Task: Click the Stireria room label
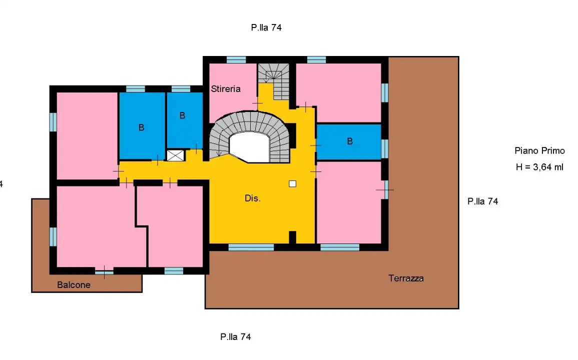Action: tap(226, 89)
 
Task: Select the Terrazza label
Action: tap(406, 278)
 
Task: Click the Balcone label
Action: tap(74, 285)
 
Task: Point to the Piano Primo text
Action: tap(539, 150)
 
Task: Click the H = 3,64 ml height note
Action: tap(539, 167)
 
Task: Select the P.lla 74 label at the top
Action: tap(266, 28)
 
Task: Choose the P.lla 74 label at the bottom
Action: tap(235, 337)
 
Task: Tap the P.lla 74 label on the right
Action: tap(482, 201)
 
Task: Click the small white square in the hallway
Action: tap(293, 183)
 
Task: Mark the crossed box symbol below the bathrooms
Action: tap(175, 155)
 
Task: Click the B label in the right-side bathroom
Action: tap(350, 141)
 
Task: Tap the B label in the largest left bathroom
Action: tap(141, 128)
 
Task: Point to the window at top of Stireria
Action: tap(236, 59)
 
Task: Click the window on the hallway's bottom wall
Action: tap(251, 247)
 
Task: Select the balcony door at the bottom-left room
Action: tap(104, 272)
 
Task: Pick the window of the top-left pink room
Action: tap(53, 122)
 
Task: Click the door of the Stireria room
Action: tap(257, 103)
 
